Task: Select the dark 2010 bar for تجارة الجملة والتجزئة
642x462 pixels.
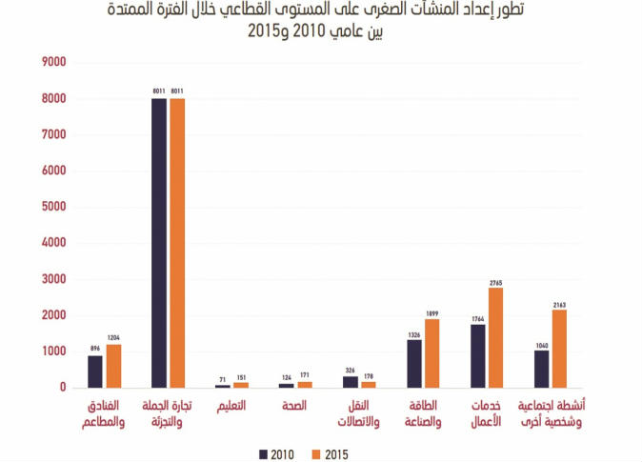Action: click(x=159, y=243)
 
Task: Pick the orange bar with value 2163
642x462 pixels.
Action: click(x=560, y=349)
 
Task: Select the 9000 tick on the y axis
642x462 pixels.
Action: click(x=52, y=62)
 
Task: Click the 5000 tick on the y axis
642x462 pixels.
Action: click(x=52, y=207)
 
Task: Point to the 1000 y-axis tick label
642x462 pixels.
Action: click(x=52, y=352)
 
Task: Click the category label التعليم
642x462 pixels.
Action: click(x=230, y=407)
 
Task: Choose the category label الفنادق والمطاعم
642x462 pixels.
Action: click(x=103, y=413)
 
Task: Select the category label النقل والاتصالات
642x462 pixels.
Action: click(x=358, y=413)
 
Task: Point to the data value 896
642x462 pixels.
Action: click(x=95, y=348)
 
